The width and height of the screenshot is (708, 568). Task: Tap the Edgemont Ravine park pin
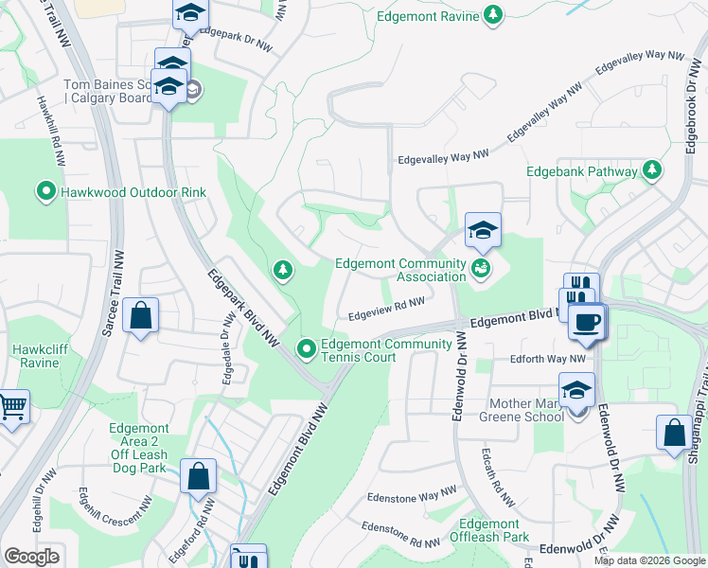(x=492, y=15)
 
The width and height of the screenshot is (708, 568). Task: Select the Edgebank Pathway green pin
(x=651, y=170)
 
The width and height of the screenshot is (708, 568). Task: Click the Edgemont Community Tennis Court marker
(x=306, y=350)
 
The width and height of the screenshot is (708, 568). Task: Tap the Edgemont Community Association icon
(x=481, y=270)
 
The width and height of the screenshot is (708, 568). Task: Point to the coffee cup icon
(x=587, y=321)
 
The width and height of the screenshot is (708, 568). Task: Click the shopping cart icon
(x=12, y=408)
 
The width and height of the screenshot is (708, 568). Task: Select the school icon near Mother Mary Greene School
(x=577, y=389)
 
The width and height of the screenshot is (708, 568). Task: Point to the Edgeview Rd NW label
(x=385, y=305)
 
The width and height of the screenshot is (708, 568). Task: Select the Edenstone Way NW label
(x=413, y=495)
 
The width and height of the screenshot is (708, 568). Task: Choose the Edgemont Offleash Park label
(x=488, y=530)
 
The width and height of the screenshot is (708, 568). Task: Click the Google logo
(x=31, y=557)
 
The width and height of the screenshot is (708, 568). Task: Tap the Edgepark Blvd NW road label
(x=244, y=308)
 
